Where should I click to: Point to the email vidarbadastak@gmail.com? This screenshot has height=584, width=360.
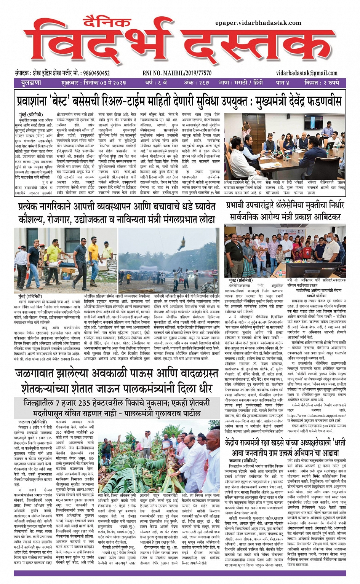[x=307, y=73]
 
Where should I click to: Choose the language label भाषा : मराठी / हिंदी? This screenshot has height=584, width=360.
[x=243, y=83]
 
